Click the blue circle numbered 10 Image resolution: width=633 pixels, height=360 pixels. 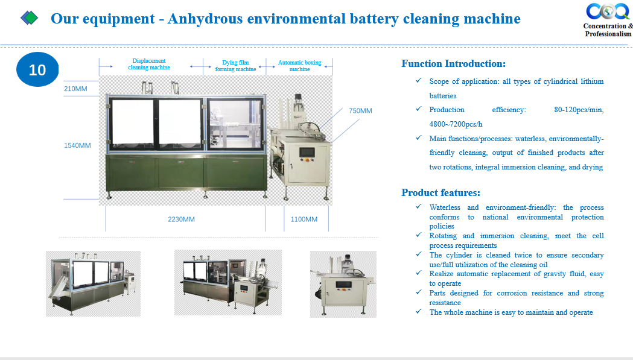(37, 69)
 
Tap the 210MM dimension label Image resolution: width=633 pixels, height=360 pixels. (75, 89)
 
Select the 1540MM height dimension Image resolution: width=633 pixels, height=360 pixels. (77, 145)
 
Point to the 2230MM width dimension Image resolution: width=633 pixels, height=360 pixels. (181, 219)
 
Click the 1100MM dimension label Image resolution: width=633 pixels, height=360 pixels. (304, 219)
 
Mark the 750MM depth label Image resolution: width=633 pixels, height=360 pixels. (360, 110)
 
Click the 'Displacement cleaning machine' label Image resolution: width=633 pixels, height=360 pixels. (149, 64)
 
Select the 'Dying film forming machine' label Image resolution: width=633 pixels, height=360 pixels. (236, 66)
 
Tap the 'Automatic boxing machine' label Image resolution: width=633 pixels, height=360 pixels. (299, 66)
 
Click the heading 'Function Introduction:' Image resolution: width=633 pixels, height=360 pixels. (453, 63)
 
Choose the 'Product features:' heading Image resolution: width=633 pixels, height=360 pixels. (441, 192)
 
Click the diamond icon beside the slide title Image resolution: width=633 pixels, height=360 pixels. (29, 17)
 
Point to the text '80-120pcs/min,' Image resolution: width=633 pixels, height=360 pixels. (579, 110)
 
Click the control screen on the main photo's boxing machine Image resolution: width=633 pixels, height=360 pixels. (307, 153)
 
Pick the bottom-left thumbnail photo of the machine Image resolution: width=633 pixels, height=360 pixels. (94, 283)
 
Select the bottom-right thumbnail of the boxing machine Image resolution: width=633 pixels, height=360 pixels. (343, 284)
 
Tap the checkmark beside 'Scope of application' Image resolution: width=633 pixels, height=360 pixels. (419, 81)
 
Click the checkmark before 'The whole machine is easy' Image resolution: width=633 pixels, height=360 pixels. (419, 312)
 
